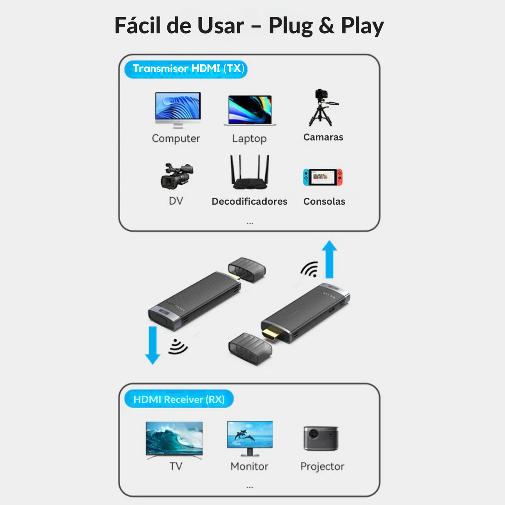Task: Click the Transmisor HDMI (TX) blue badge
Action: click(x=186, y=69)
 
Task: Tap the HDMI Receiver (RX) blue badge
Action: click(x=179, y=399)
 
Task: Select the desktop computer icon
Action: click(x=178, y=110)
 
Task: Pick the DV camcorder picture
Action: click(x=177, y=176)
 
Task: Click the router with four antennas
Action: click(x=250, y=172)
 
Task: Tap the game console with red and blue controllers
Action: click(x=323, y=177)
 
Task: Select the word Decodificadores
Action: click(x=250, y=201)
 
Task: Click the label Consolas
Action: click(x=324, y=201)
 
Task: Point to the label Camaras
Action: click(x=323, y=137)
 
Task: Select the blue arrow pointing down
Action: click(x=153, y=345)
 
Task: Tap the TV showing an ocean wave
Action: click(x=174, y=440)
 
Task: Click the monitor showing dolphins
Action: click(x=250, y=438)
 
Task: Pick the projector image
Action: click(x=321, y=438)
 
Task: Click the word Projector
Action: click(x=322, y=466)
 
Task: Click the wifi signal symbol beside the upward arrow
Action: click(x=310, y=269)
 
